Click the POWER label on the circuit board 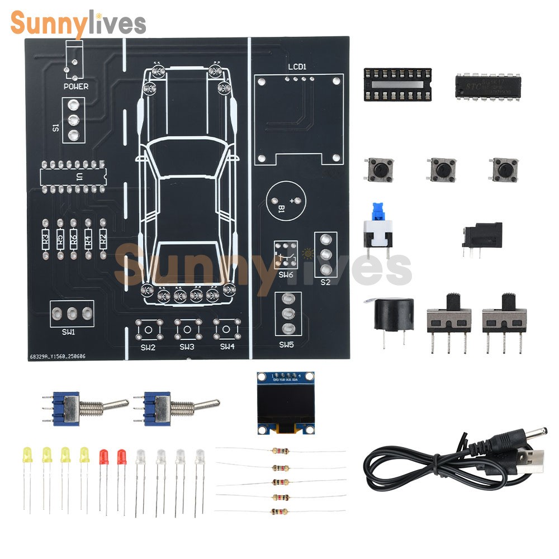76,87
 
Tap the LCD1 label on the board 297,67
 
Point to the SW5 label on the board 286,345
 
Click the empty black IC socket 397,84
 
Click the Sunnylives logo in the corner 78,23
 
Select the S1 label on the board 55,127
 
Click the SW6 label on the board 286,275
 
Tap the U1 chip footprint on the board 73,177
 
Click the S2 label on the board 325,282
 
